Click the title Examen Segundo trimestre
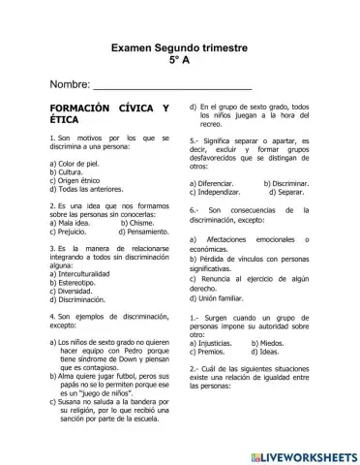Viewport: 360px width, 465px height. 179,46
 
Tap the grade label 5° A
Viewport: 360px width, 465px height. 180,59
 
